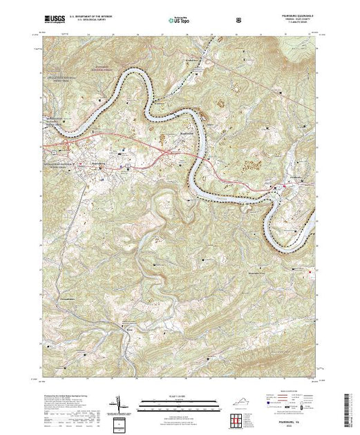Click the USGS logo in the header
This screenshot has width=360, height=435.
click(51, 19)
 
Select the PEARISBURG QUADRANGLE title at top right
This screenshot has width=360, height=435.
click(299, 16)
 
